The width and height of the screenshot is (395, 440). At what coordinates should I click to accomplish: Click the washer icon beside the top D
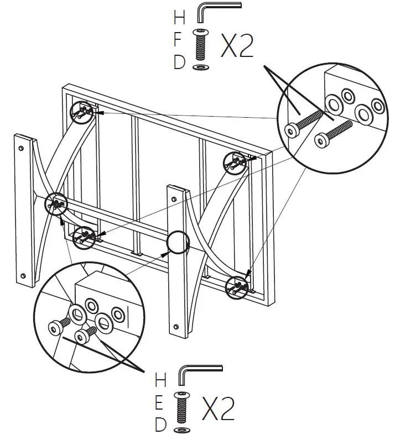tap(199, 67)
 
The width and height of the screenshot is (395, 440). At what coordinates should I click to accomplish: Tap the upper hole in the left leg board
tap(21, 148)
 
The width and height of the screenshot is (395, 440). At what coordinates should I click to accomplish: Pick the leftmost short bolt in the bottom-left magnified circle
tap(59, 326)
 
